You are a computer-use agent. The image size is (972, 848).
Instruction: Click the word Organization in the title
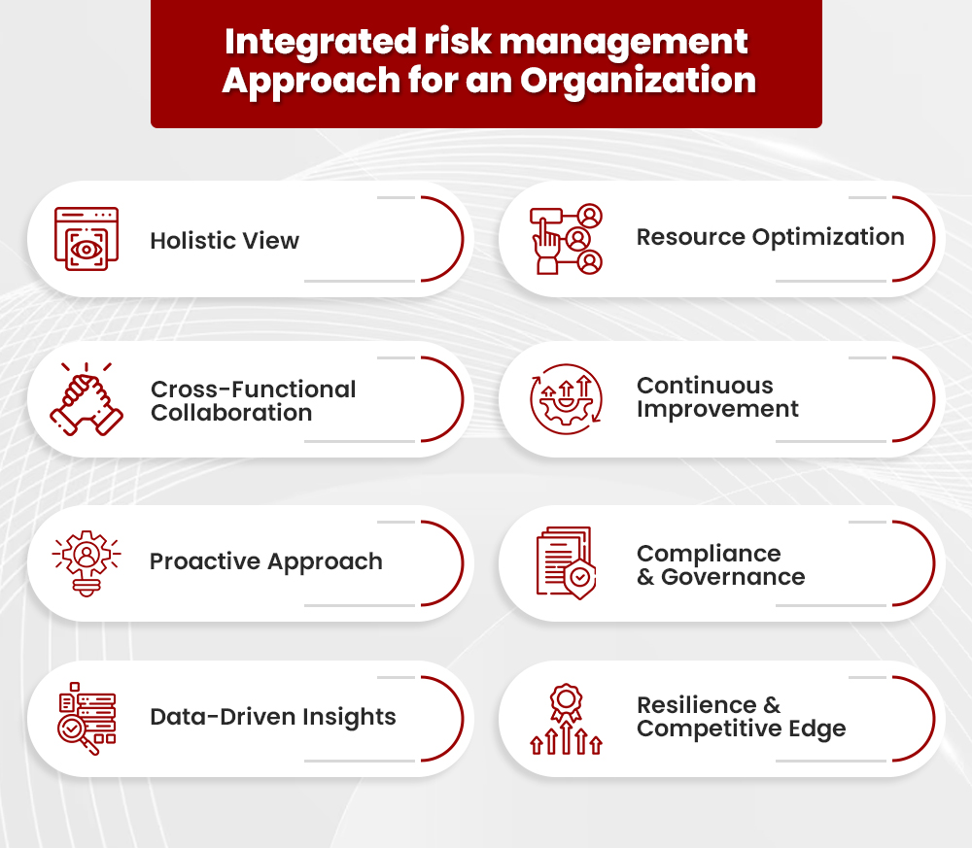(637, 80)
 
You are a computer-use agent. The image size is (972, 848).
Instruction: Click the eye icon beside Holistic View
(87, 249)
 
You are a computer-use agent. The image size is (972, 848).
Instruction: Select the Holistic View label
(225, 241)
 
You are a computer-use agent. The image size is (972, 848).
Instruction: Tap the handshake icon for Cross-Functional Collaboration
(87, 398)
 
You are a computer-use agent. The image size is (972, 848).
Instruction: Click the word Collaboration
(231, 413)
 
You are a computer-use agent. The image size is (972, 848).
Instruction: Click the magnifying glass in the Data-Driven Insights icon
(76, 731)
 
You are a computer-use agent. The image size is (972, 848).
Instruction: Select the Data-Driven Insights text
(273, 717)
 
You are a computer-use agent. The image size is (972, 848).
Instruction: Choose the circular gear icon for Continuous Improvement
(566, 398)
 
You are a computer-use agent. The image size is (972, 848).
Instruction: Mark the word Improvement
(717, 409)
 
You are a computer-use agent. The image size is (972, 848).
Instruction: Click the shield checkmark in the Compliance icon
(580, 580)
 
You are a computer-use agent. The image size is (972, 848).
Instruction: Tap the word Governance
(733, 577)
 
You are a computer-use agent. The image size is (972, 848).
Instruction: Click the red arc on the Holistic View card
(452, 239)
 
